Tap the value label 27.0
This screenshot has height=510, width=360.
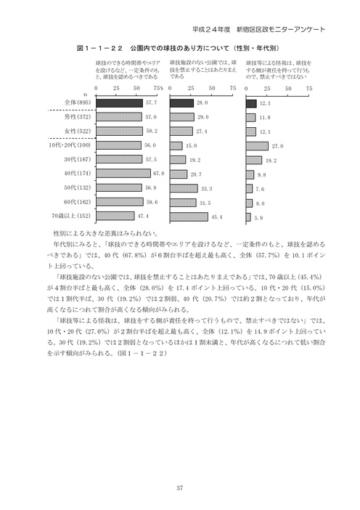[277, 146]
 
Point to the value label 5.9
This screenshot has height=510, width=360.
[258, 216]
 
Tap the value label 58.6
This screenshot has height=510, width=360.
[152, 202]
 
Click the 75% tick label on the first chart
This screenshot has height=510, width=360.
[158, 88]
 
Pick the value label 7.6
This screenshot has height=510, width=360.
[260, 188]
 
